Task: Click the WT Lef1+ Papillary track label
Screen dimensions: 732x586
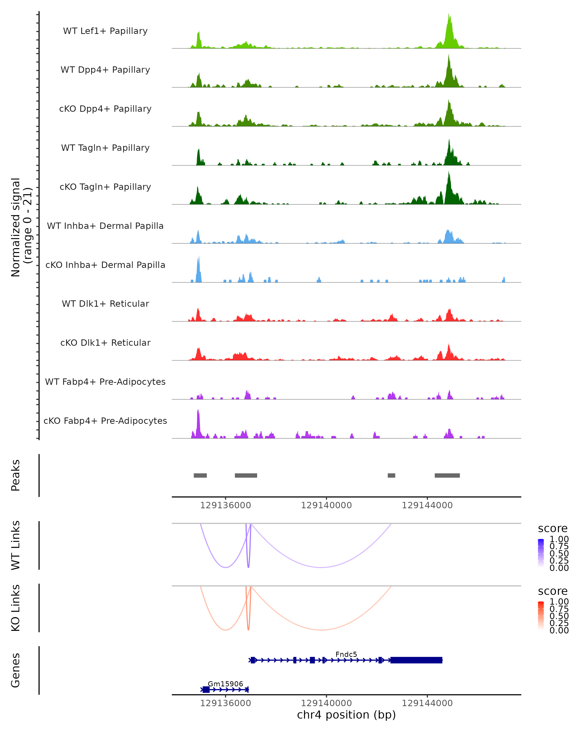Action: point(105,31)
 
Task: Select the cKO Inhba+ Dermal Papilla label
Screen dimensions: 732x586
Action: point(105,265)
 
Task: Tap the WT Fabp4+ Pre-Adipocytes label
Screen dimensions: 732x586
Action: point(105,382)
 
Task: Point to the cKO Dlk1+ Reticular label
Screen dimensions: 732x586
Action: point(105,343)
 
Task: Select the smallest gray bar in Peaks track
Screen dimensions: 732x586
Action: point(391,475)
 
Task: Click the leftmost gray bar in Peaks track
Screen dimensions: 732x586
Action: point(200,475)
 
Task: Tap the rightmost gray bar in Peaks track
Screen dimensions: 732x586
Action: point(447,475)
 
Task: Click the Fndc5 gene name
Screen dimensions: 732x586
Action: point(346,654)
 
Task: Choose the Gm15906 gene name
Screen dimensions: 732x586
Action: point(225,684)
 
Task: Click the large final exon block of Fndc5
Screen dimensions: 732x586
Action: point(416,660)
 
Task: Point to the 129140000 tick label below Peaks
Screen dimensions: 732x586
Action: point(326,505)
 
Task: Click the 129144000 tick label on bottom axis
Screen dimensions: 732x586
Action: point(427,703)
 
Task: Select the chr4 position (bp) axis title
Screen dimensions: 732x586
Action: point(346,715)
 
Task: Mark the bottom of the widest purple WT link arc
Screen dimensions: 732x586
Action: point(321,567)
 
